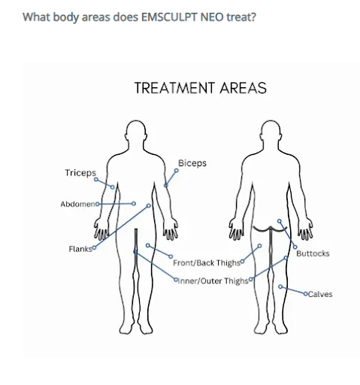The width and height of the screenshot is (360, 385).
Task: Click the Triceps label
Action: pyautogui.click(x=80, y=173)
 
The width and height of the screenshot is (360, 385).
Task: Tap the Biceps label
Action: pyautogui.click(x=192, y=163)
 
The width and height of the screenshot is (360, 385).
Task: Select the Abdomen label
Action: pyautogui.click(x=77, y=204)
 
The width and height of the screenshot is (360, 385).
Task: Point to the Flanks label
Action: pyautogui.click(x=80, y=249)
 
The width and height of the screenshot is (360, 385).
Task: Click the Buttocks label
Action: pyautogui.click(x=313, y=253)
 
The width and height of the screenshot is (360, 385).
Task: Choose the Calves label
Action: pyautogui.click(x=320, y=294)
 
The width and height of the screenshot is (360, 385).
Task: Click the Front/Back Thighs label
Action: pyautogui.click(x=207, y=263)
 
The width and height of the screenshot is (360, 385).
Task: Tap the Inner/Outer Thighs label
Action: pyautogui.click(x=213, y=281)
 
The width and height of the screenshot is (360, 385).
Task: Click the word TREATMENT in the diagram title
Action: pyautogui.click(x=175, y=88)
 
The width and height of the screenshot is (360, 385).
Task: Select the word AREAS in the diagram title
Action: pyautogui.click(x=244, y=88)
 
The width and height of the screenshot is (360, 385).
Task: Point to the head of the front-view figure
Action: pyautogui.click(x=135, y=131)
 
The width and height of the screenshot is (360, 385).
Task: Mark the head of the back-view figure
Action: pyautogui.click(x=271, y=131)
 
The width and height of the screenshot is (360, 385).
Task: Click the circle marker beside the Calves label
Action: pyautogui.click(x=306, y=294)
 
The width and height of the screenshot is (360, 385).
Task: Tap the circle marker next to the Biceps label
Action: pyautogui.click(x=177, y=171)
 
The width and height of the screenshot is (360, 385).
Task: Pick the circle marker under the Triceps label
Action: pyautogui.click(x=96, y=180)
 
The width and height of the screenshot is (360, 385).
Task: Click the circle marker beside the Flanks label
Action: pyautogui.click(x=94, y=248)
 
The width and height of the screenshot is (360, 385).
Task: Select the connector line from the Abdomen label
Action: pyautogui.click(x=116, y=204)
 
